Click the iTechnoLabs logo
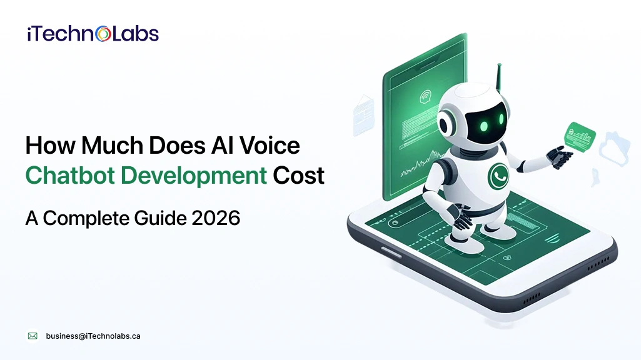point(93,34)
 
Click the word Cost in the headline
point(298,176)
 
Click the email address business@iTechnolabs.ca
point(93,336)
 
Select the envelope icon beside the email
point(33,336)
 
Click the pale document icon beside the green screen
point(364,114)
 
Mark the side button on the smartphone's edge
point(391,251)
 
